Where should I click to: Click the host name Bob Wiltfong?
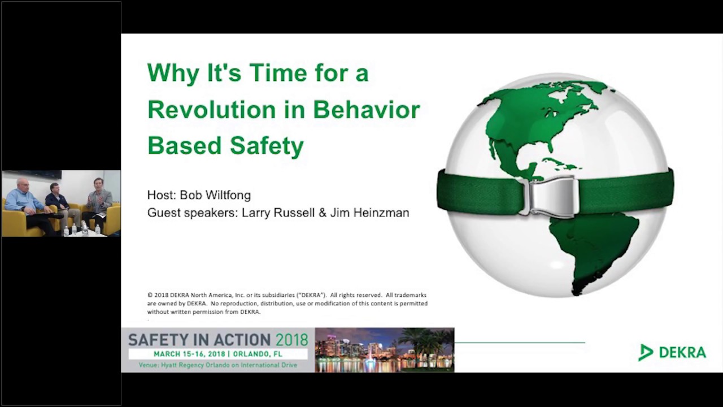(x=215, y=195)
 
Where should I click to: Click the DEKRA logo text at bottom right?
(x=682, y=352)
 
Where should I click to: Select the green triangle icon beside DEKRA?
(x=645, y=352)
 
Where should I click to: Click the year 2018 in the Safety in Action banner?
(x=291, y=340)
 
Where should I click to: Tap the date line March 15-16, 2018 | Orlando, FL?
(x=217, y=354)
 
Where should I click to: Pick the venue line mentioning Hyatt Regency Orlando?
(x=217, y=365)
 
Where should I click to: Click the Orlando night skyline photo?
(x=384, y=350)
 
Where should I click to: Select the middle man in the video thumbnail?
(x=56, y=201)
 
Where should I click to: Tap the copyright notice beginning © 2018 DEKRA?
(x=287, y=303)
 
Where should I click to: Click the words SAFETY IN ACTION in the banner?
(x=199, y=340)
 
